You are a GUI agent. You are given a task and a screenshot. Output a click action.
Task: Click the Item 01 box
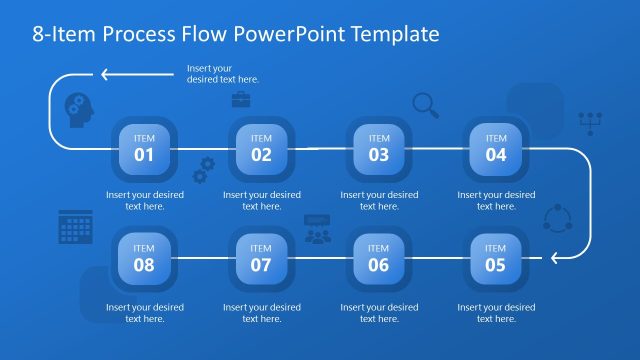pos(144,148)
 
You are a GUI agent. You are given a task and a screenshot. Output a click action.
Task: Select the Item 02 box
pos(261,148)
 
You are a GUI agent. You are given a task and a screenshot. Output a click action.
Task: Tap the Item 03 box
pos(379,148)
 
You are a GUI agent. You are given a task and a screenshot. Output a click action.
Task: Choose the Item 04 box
pos(496,148)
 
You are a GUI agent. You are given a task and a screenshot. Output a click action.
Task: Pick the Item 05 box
pos(496,258)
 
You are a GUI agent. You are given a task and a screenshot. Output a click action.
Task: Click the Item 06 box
pos(379,258)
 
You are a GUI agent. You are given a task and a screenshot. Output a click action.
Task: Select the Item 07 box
pos(261,258)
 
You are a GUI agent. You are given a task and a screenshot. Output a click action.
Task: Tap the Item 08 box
pos(144,258)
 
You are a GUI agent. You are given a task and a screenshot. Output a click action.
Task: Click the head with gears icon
pos(79,108)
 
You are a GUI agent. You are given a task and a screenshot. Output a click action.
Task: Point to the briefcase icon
pos(241,99)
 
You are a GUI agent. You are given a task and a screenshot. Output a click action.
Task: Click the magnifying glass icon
pos(425,104)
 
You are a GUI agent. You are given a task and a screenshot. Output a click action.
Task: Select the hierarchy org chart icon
pos(591,123)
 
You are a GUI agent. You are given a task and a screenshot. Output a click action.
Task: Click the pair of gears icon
pos(204,170)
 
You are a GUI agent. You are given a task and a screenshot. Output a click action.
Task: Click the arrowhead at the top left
pos(104,73)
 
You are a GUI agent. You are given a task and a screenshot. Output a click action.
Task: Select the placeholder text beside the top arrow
pos(222,73)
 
